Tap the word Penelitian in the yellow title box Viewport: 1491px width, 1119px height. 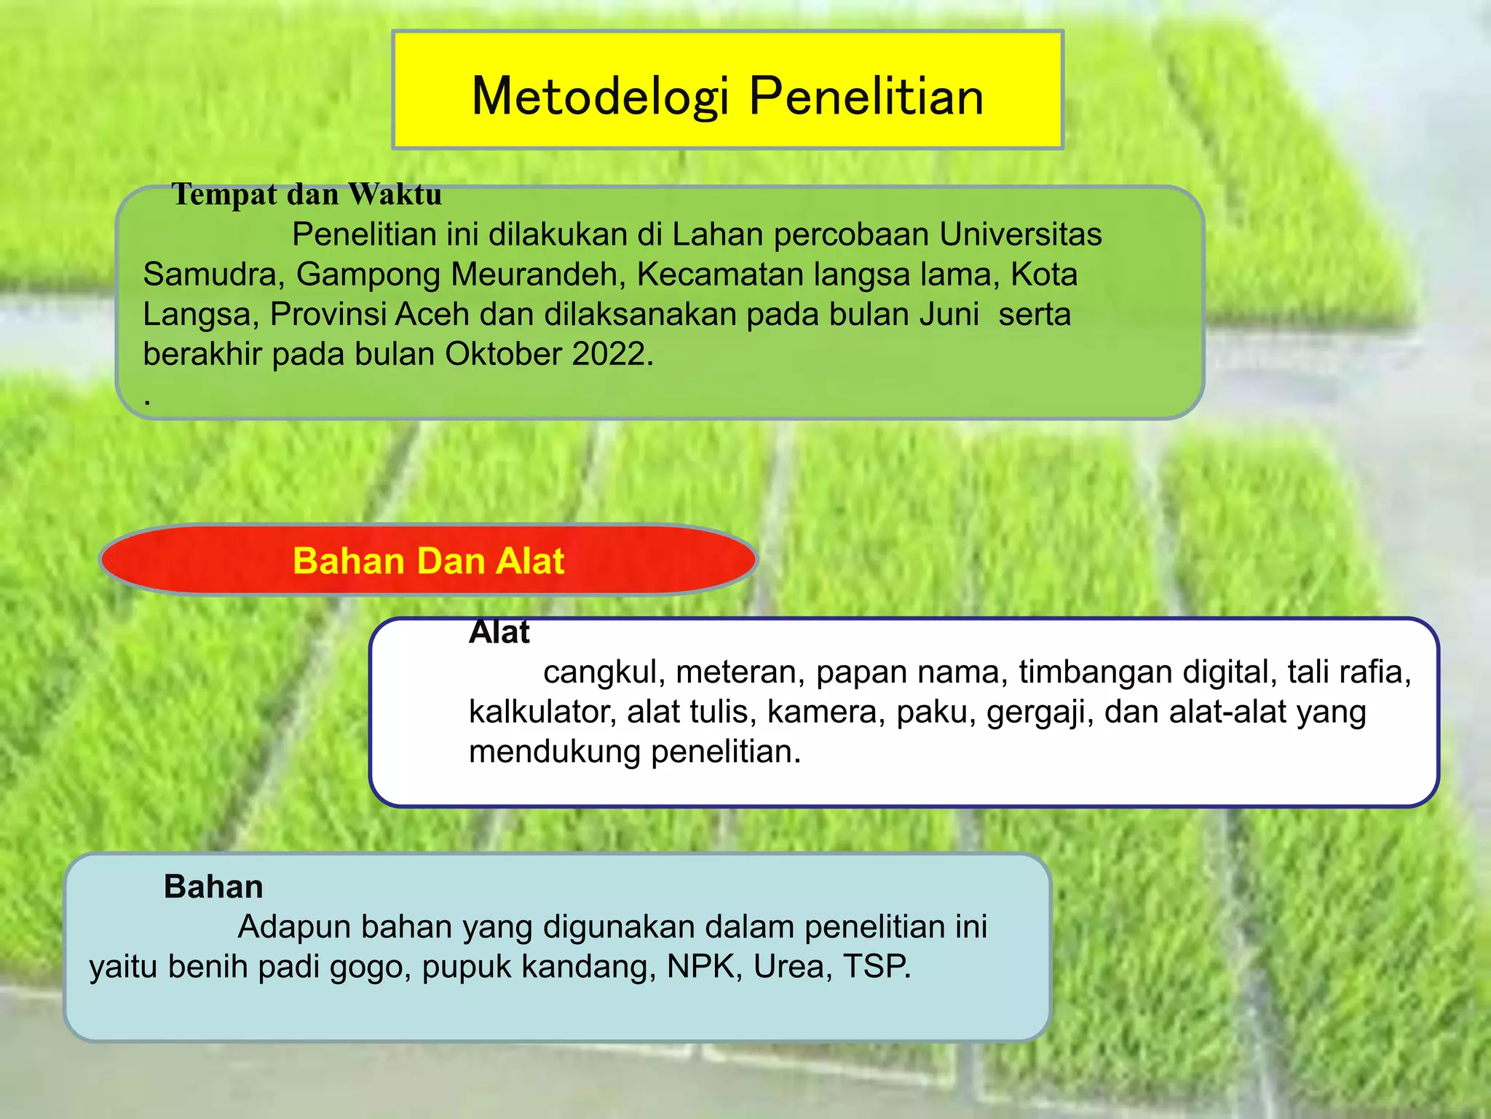(866, 96)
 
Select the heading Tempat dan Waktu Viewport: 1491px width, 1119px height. (306, 195)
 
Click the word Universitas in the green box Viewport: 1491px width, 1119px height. (1020, 235)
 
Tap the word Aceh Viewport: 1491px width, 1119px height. (432, 315)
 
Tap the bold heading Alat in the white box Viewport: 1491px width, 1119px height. (499, 632)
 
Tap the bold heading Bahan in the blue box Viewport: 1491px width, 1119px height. (213, 887)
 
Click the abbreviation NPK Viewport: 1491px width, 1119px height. (704, 967)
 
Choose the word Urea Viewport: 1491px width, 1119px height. (792, 967)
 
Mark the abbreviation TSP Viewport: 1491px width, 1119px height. (877, 967)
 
